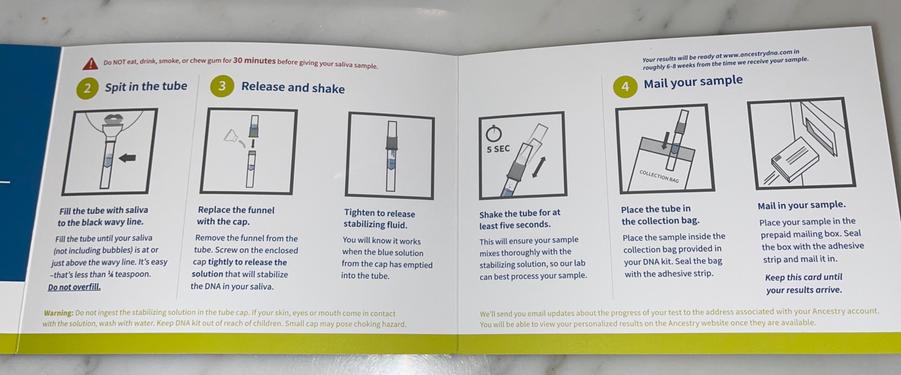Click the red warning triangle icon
pos(90,63)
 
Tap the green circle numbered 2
pos(87,88)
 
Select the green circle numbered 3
pos(222,86)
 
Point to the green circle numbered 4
pos(625,86)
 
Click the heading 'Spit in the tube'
pos(146,86)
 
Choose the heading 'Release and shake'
pos(293,87)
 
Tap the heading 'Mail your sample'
pos(693,81)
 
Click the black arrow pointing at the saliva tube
pos(127,157)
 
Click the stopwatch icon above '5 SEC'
pos(494,133)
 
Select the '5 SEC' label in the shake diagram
pos(498,149)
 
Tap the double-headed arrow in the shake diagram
pos(539,167)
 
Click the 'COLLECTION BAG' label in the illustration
pos(659,176)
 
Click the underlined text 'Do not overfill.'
pos(74,287)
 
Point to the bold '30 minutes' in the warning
pos(254,61)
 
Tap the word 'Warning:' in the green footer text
pos(59,313)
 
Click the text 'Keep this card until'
pos(804,277)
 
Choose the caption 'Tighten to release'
pos(380,213)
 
